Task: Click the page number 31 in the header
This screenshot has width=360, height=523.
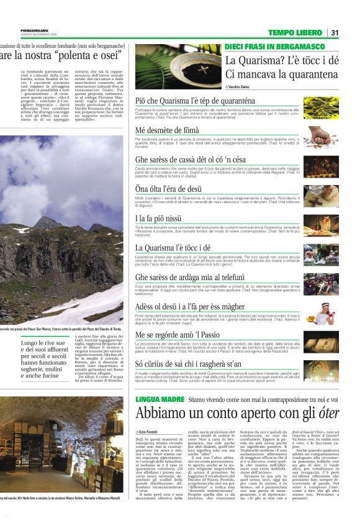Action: click(x=335, y=32)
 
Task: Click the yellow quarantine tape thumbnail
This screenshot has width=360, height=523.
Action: click(x=321, y=106)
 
